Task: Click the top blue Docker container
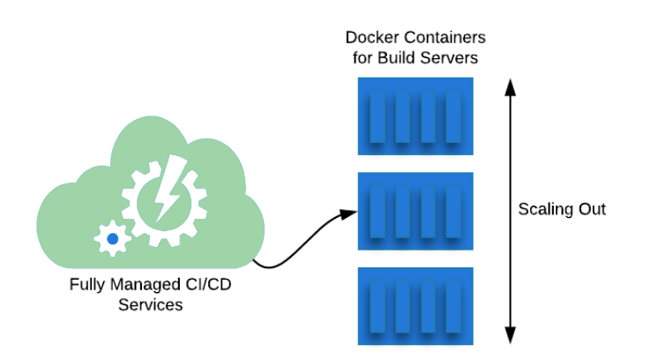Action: coord(415,116)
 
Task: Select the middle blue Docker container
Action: coord(415,211)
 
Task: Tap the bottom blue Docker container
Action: coord(415,305)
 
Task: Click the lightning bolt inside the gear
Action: coord(167,189)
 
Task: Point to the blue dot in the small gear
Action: coord(112,238)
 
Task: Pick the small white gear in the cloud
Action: coord(112,238)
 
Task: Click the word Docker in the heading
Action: coord(367,39)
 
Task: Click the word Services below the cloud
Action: coord(150,305)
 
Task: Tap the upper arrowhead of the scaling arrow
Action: coord(509,86)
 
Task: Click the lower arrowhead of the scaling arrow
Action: coord(509,335)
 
